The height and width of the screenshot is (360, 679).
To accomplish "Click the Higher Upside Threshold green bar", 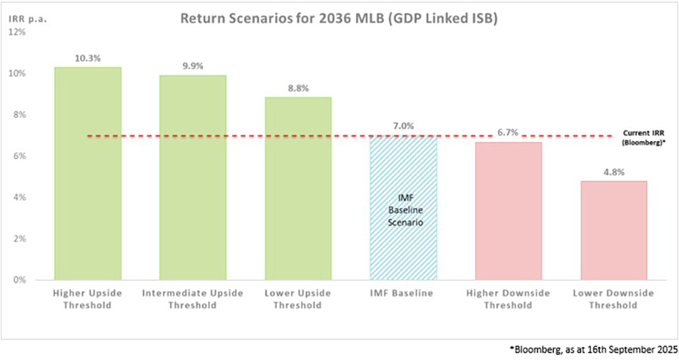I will (88, 174).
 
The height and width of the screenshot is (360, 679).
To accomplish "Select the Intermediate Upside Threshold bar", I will (192, 177).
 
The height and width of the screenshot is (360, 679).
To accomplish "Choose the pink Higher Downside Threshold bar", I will (508, 211).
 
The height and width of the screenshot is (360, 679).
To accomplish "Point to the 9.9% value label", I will (192, 65).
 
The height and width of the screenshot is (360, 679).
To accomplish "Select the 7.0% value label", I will (403, 125).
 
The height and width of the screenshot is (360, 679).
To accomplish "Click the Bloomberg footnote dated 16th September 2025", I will (594, 349).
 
